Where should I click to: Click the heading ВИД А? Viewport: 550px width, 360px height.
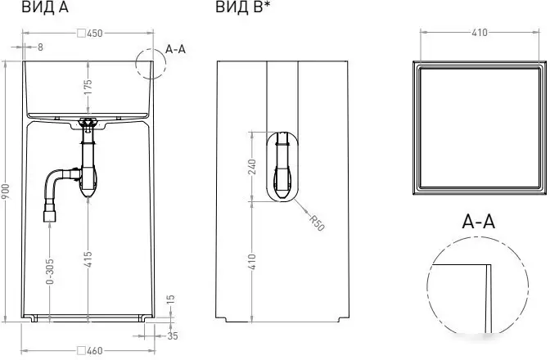click(x=44, y=8)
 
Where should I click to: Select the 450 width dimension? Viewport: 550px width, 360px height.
click(x=90, y=34)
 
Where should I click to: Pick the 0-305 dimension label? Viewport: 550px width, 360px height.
click(x=50, y=272)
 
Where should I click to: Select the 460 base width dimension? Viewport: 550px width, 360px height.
click(x=90, y=351)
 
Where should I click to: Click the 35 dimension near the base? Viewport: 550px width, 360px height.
click(x=173, y=335)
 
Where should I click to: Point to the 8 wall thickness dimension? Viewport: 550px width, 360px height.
click(x=40, y=47)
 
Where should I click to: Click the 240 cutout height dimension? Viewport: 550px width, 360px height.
click(x=252, y=165)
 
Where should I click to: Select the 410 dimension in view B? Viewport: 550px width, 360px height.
click(x=252, y=261)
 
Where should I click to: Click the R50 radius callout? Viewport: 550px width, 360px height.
click(x=317, y=223)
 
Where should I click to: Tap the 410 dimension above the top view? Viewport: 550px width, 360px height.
click(x=480, y=33)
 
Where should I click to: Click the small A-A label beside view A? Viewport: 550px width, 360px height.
click(x=176, y=49)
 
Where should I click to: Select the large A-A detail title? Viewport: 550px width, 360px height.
click(x=479, y=221)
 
